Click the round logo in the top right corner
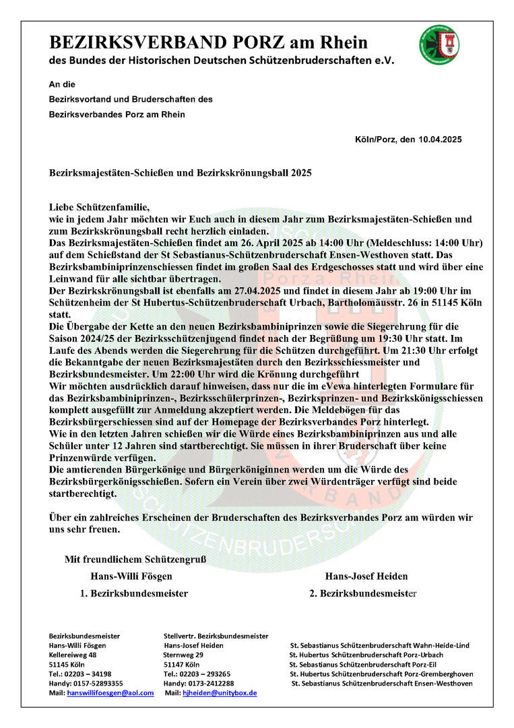pos(439,46)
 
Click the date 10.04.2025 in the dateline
pos(438,140)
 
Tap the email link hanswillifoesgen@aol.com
pos(110,693)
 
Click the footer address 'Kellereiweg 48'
pos(73,655)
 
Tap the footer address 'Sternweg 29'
pos(183,655)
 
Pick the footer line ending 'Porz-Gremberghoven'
pos(381,673)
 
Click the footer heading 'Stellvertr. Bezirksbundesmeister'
pos(216,636)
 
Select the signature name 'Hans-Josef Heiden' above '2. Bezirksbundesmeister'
pos(366,576)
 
